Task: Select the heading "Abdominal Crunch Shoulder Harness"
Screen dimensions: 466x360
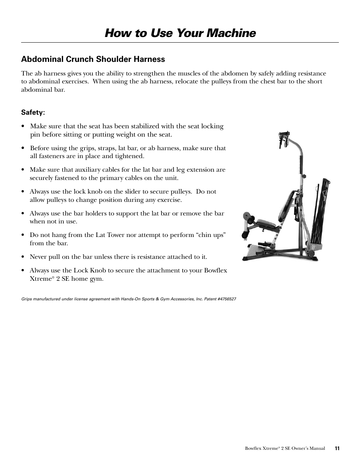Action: [93, 59]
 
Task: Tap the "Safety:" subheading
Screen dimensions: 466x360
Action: [33, 112]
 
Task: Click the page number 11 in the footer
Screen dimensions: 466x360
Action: [337, 448]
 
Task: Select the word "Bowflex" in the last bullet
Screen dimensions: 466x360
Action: [215, 270]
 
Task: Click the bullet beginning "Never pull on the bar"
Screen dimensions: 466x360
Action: [118, 257]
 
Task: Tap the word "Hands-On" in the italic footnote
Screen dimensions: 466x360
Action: [131, 298]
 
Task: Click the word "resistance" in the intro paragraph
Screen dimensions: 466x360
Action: [309, 74]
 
